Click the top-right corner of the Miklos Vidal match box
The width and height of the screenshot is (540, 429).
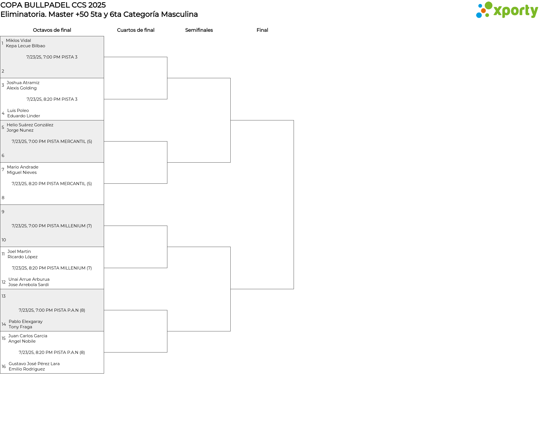(104, 36)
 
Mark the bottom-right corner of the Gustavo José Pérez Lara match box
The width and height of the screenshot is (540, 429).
(104, 373)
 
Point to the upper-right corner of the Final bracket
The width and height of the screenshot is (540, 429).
(294, 120)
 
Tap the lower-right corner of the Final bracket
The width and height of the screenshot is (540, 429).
(294, 289)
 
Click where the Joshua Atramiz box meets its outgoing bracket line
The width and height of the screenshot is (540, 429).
(104, 99)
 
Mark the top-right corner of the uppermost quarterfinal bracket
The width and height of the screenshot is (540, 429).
(167, 57)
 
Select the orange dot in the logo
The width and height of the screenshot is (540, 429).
(483, 11)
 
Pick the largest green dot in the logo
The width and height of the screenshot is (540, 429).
(489, 5)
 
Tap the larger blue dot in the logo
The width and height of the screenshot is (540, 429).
(479, 15)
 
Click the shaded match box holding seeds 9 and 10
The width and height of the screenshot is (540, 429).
(52, 226)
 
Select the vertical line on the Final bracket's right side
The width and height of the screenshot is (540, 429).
(294, 205)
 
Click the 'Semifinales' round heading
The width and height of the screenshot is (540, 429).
(199, 30)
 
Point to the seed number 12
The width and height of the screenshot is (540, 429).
(4, 282)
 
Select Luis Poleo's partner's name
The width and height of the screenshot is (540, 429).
(24, 116)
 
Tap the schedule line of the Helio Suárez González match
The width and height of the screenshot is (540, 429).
(52, 141)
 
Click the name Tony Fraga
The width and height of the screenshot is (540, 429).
(20, 327)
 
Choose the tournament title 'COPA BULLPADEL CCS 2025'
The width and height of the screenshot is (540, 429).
(53, 5)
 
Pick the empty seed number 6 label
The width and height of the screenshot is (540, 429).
(3, 156)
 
